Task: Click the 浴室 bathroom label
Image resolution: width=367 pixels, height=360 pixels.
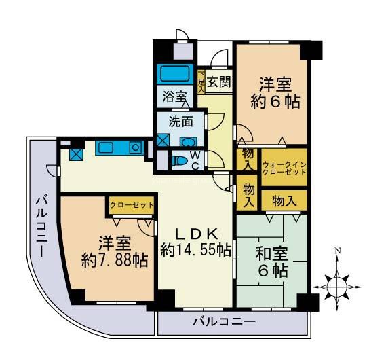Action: pyautogui.click(x=174, y=96)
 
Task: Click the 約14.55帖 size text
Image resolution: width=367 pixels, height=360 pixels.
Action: pyautogui.click(x=196, y=249)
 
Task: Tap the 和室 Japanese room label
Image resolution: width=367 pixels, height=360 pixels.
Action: pyautogui.click(x=271, y=254)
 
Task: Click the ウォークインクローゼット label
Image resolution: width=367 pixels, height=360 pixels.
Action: pyautogui.click(x=284, y=168)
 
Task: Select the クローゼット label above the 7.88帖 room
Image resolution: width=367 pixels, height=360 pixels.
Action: pyautogui.click(x=132, y=204)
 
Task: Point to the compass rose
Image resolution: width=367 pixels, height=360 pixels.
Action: pyautogui.click(x=336, y=286)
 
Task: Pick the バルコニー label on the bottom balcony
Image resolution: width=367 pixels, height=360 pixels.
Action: pyautogui.click(x=223, y=321)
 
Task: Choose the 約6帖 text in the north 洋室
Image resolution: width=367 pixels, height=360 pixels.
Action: pyautogui.click(x=275, y=103)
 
